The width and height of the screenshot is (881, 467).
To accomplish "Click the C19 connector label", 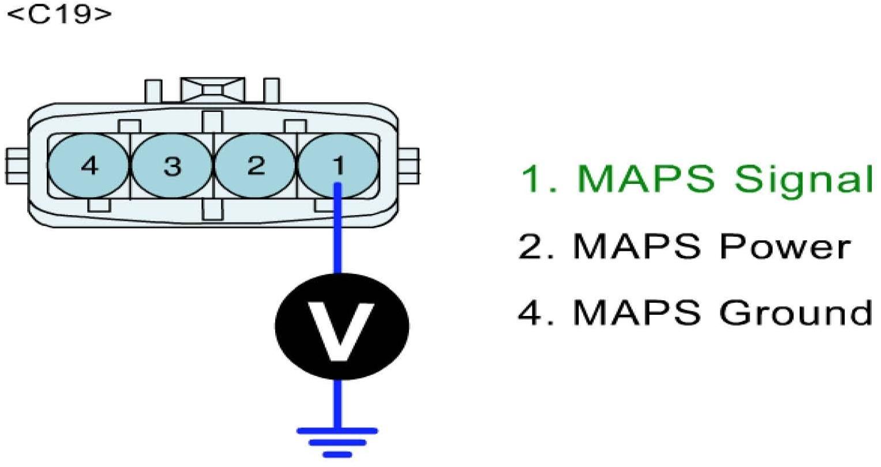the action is pyautogui.click(x=59, y=14).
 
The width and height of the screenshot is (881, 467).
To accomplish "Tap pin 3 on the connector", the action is pyautogui.click(x=172, y=166).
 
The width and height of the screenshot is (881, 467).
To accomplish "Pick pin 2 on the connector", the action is pyautogui.click(x=255, y=166).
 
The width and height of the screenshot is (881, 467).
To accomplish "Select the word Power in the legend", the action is pyautogui.click(x=785, y=246).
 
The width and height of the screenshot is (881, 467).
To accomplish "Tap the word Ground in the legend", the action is pyautogui.click(x=796, y=312).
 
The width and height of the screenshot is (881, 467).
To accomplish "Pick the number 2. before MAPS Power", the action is pyautogui.click(x=536, y=246).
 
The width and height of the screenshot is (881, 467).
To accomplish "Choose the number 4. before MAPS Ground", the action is pyautogui.click(x=536, y=312).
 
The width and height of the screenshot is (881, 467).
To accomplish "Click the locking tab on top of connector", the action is pyautogui.click(x=211, y=90).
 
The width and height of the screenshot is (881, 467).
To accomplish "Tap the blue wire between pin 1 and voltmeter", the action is pyautogui.click(x=338, y=231).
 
